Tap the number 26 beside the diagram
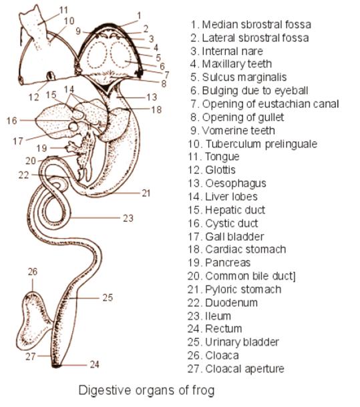33,272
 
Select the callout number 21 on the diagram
146,193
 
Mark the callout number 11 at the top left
63,9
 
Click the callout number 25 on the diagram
108,298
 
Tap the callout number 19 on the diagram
41,147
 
